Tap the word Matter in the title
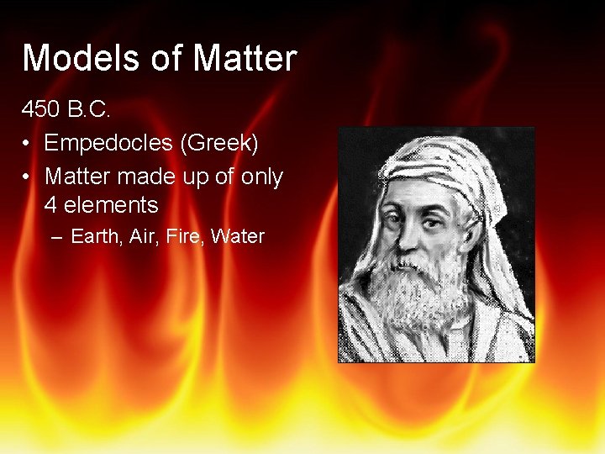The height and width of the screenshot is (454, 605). point(245,59)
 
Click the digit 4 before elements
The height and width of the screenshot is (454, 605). point(50,204)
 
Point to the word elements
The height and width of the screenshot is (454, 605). point(110,204)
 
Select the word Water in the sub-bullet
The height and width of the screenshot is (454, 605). point(238,237)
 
